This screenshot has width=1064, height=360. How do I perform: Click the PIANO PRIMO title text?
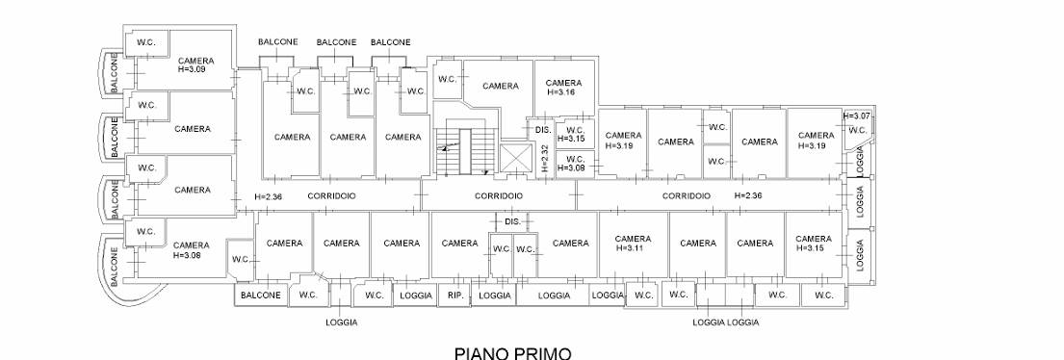click(512, 352)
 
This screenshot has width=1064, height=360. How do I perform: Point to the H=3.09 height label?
click(192, 69)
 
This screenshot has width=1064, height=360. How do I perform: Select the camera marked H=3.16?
click(563, 88)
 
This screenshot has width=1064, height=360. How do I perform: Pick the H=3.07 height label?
click(856, 116)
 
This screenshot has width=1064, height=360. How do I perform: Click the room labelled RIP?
click(454, 295)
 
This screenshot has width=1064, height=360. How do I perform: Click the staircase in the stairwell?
click(466, 150)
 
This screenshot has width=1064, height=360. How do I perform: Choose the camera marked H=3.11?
click(633, 244)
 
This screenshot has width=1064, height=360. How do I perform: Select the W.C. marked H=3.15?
click(576, 133)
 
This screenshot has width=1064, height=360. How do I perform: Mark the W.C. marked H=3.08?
click(576, 164)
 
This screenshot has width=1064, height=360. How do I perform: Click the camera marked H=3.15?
click(814, 244)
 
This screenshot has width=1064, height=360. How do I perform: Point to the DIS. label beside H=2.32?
click(543, 130)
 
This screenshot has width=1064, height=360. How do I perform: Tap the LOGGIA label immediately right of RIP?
click(495, 296)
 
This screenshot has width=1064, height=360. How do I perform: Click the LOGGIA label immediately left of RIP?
click(416, 296)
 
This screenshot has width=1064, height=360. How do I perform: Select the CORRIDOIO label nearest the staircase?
click(499, 196)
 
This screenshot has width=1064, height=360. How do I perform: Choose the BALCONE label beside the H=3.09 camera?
click(115, 74)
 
